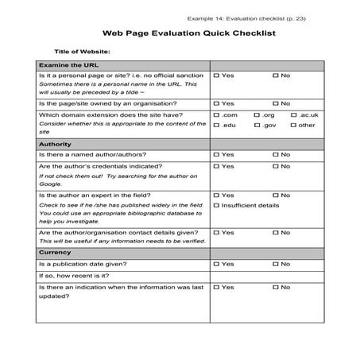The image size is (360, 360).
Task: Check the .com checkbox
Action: (217, 115)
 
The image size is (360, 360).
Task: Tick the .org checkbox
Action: (257, 115)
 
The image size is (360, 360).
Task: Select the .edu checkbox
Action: (217, 126)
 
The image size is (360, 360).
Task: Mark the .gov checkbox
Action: (257, 126)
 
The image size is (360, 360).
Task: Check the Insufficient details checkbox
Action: (217, 205)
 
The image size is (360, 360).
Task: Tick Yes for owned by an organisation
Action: (217, 103)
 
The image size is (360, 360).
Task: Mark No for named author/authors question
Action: (274, 154)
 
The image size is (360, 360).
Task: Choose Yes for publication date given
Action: (217, 263)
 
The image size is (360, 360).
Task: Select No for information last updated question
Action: (274, 287)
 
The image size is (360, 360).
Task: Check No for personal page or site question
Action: (274, 75)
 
